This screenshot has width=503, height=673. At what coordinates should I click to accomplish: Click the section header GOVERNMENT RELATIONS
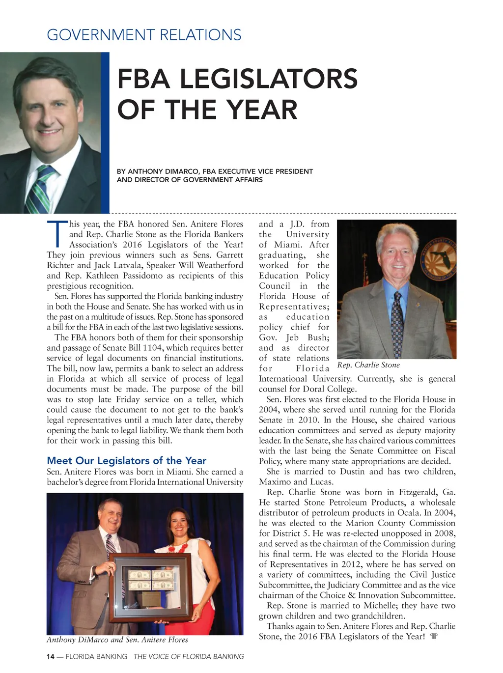[144, 35]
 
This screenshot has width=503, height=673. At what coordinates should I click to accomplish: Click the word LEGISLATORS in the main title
[237, 79]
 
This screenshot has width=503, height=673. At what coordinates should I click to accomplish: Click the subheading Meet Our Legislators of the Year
[126, 461]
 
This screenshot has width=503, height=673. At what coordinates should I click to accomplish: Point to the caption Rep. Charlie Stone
[368, 365]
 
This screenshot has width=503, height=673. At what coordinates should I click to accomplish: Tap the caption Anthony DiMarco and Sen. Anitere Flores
[117, 640]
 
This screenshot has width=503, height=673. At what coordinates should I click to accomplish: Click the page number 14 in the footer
[51, 657]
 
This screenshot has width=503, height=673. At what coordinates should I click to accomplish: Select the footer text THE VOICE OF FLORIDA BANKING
[189, 657]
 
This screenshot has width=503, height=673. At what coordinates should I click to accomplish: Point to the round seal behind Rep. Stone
[435, 265]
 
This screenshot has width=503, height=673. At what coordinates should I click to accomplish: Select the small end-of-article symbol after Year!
[433, 637]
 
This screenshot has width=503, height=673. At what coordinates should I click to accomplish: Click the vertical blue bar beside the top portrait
[105, 133]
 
